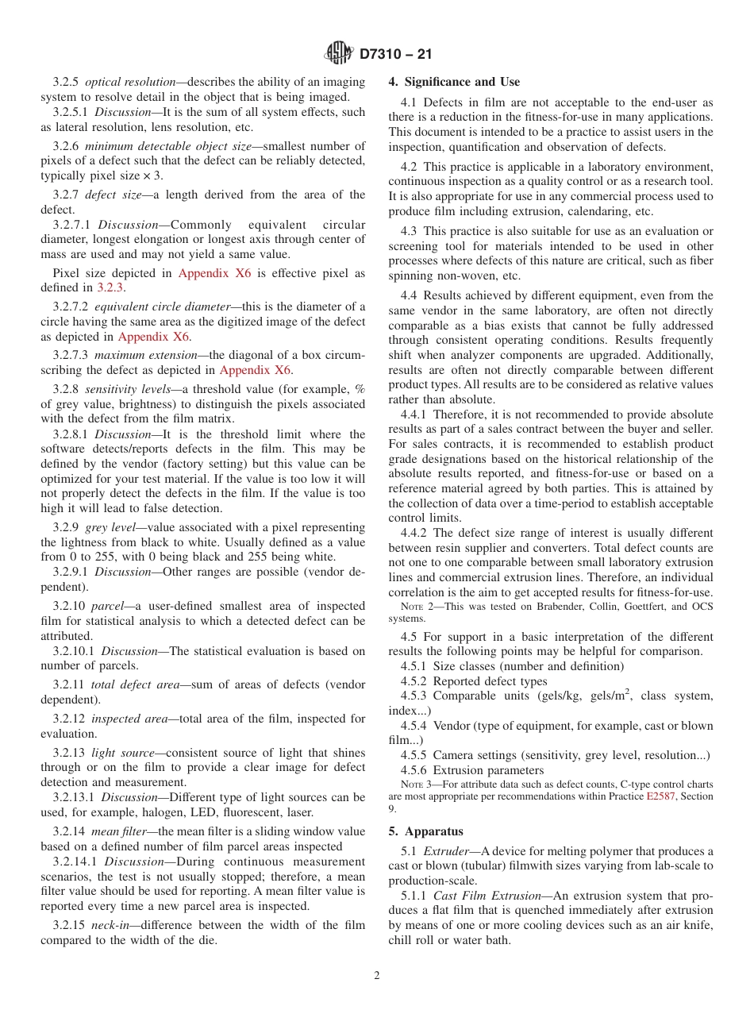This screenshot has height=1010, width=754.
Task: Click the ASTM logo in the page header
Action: pos(339,53)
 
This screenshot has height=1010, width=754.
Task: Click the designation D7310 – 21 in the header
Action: pos(395,54)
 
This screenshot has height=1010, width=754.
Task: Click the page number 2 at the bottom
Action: pos(377,976)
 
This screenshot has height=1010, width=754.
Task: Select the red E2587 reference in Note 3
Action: pos(660,796)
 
